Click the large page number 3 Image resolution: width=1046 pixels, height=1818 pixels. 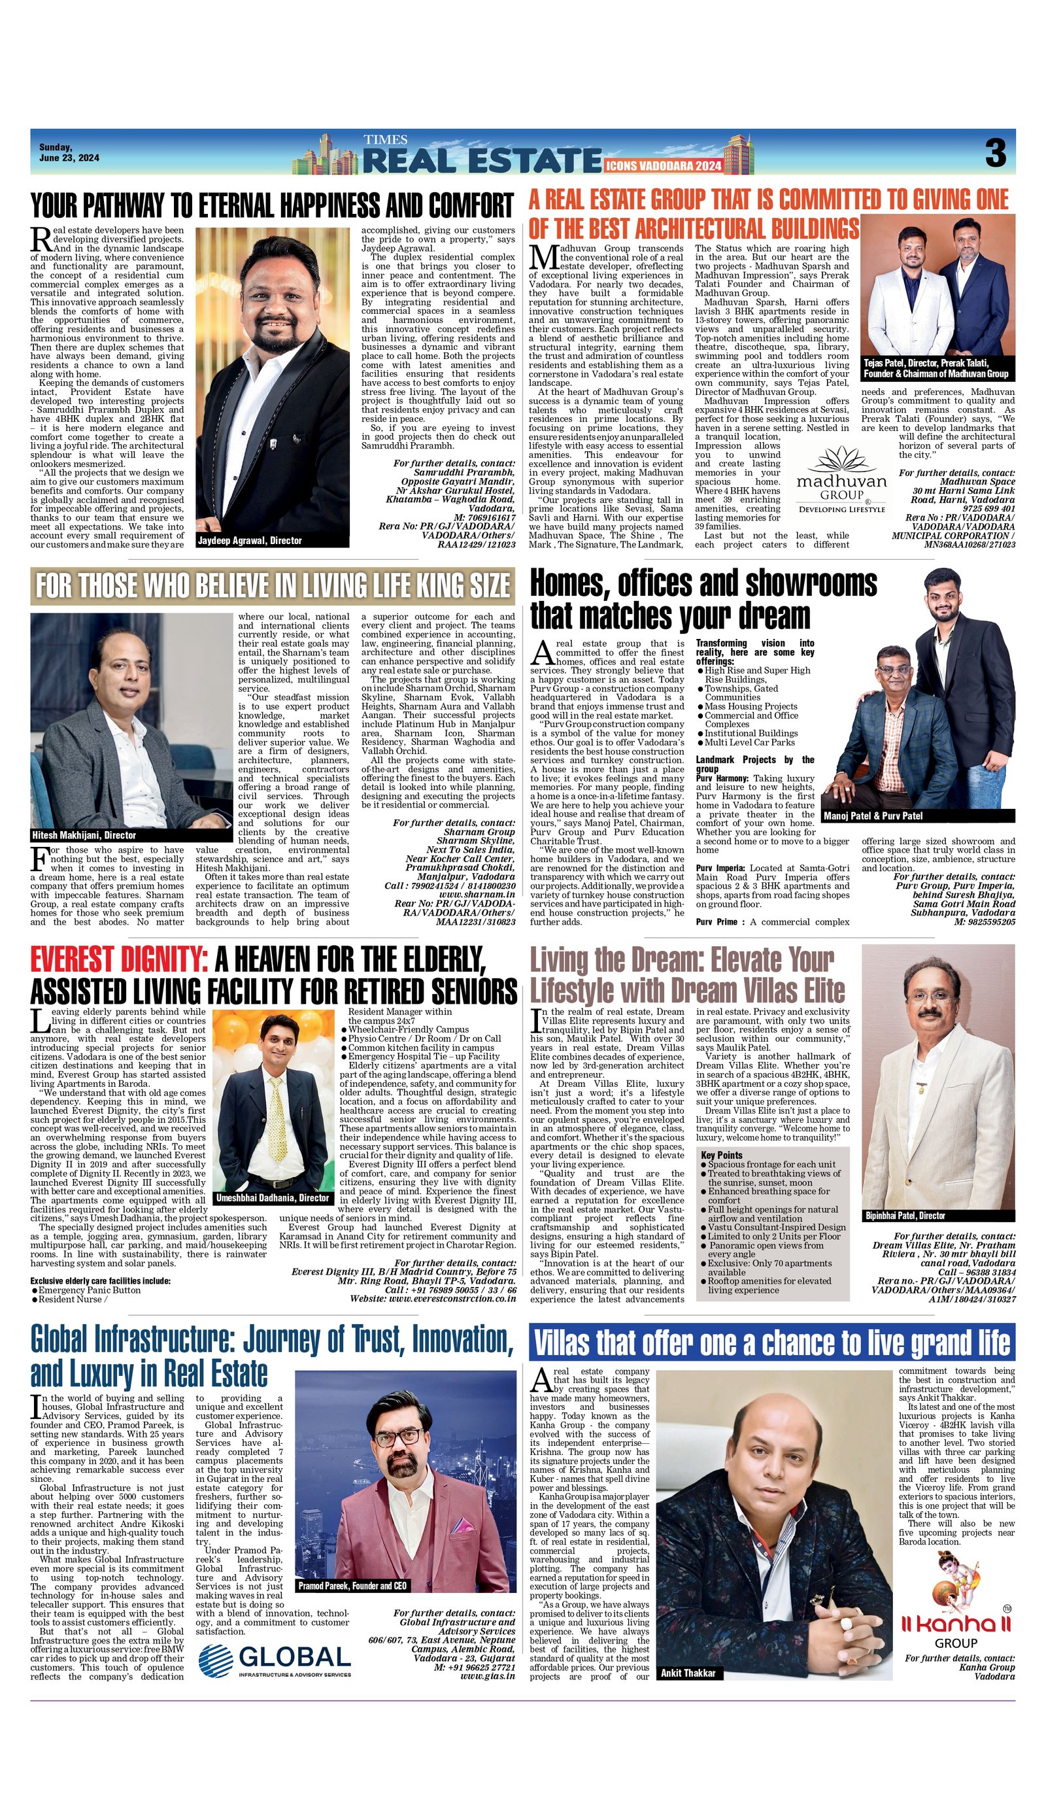click(995, 152)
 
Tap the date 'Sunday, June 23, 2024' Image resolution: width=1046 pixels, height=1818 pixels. click(69, 152)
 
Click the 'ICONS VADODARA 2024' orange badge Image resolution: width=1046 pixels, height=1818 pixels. click(663, 166)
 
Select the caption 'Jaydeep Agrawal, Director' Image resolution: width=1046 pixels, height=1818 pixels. click(249, 540)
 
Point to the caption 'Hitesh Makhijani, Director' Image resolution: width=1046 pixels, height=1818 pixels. click(84, 835)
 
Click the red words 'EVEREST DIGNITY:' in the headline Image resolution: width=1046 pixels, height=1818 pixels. click(119, 959)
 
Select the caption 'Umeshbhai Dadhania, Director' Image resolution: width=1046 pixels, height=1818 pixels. click(273, 1198)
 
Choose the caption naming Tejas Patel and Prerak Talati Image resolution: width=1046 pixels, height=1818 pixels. click(936, 369)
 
